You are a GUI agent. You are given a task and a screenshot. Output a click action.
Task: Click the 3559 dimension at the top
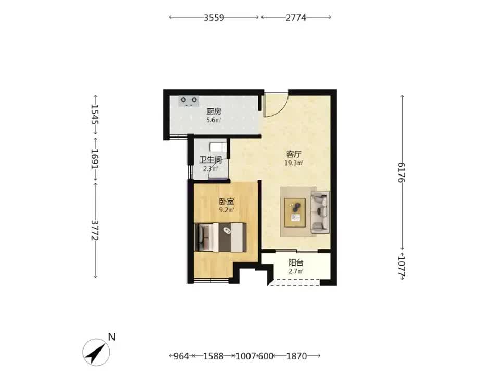coord(214,17)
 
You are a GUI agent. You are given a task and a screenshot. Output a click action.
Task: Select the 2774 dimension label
coord(296,17)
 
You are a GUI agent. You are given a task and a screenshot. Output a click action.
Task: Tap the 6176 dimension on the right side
coord(401,172)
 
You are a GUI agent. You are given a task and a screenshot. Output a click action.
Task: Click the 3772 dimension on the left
coord(95,230)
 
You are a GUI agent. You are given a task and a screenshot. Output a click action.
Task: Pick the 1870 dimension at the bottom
coord(296,356)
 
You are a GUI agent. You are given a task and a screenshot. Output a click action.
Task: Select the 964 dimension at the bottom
coord(181,356)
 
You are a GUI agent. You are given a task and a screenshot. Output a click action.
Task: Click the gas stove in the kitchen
coord(189,101)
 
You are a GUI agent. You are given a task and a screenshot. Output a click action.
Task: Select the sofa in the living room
coord(320,211)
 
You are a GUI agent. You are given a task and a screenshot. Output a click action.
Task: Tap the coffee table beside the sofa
coord(295,213)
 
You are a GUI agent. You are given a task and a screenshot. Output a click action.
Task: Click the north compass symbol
coord(97,352)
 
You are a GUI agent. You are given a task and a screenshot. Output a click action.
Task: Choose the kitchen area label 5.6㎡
coord(214,120)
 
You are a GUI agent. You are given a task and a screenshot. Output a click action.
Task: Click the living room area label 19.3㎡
coord(294,163)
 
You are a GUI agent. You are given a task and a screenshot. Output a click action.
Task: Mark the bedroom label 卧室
coord(227,202)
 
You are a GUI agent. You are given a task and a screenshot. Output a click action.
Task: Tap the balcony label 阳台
coord(296,263)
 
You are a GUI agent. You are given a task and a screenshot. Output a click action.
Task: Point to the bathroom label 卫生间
coord(211,160)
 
